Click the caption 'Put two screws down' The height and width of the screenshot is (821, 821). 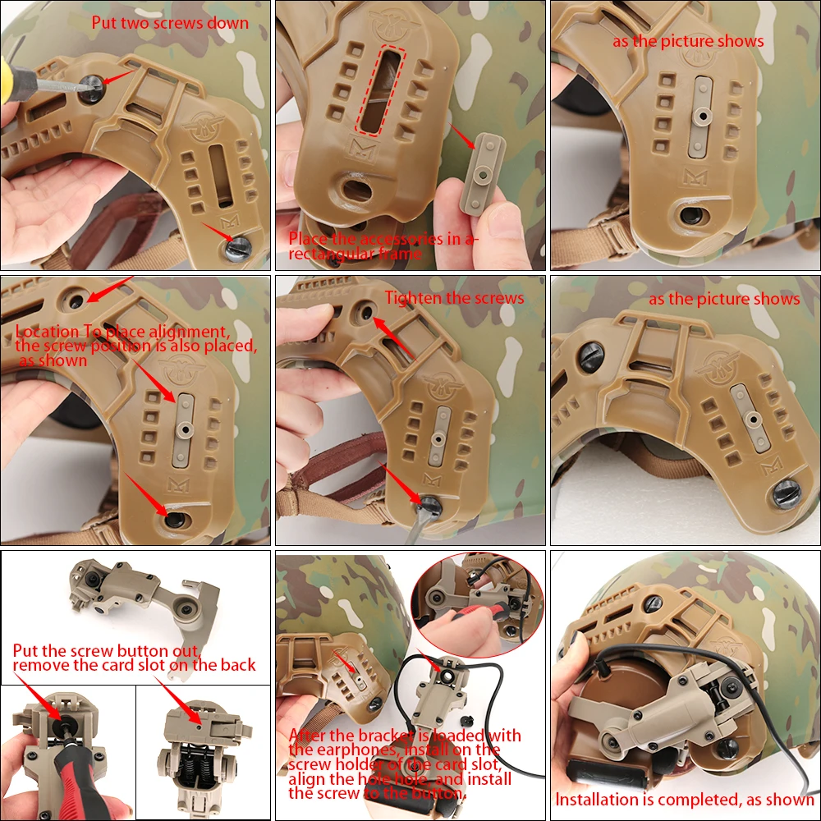(x=170, y=23)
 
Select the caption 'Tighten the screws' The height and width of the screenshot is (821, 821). (x=455, y=298)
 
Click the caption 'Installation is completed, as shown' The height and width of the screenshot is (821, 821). (x=685, y=800)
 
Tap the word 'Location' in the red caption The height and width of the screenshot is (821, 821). (x=47, y=332)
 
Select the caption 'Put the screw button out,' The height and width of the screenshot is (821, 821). (x=106, y=651)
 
